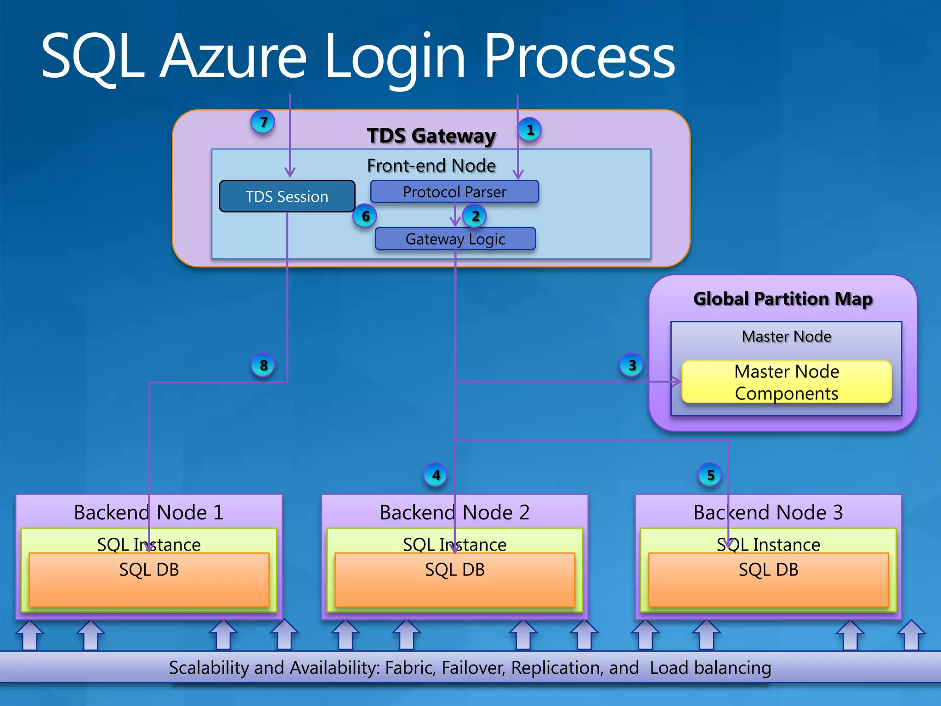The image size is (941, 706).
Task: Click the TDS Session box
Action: pos(287,196)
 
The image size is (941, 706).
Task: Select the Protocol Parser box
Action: pos(454,192)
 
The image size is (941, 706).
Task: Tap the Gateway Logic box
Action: pos(455,239)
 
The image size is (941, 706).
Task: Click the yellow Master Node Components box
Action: pos(786,382)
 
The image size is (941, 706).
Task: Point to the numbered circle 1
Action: pos(530,130)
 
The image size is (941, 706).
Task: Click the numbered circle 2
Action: pos(475,216)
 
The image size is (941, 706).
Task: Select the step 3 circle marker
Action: pos(632,365)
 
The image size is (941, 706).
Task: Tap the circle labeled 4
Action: pos(436,475)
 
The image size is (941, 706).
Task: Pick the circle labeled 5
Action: pos(710,475)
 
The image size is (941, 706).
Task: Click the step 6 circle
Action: pos(365,216)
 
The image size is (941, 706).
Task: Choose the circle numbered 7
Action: pos(263,122)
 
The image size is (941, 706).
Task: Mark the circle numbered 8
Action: pos(263,365)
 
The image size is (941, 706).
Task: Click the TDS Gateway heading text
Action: pos(431,136)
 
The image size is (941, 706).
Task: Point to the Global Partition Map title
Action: pos(782,299)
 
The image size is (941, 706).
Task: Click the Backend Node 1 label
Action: pos(148,512)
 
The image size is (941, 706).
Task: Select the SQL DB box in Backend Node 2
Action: pos(454,580)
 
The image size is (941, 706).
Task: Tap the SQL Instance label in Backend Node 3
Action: pos(768,545)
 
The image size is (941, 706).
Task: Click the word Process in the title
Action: pos(579,57)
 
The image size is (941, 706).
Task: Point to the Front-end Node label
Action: pos(431,165)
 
